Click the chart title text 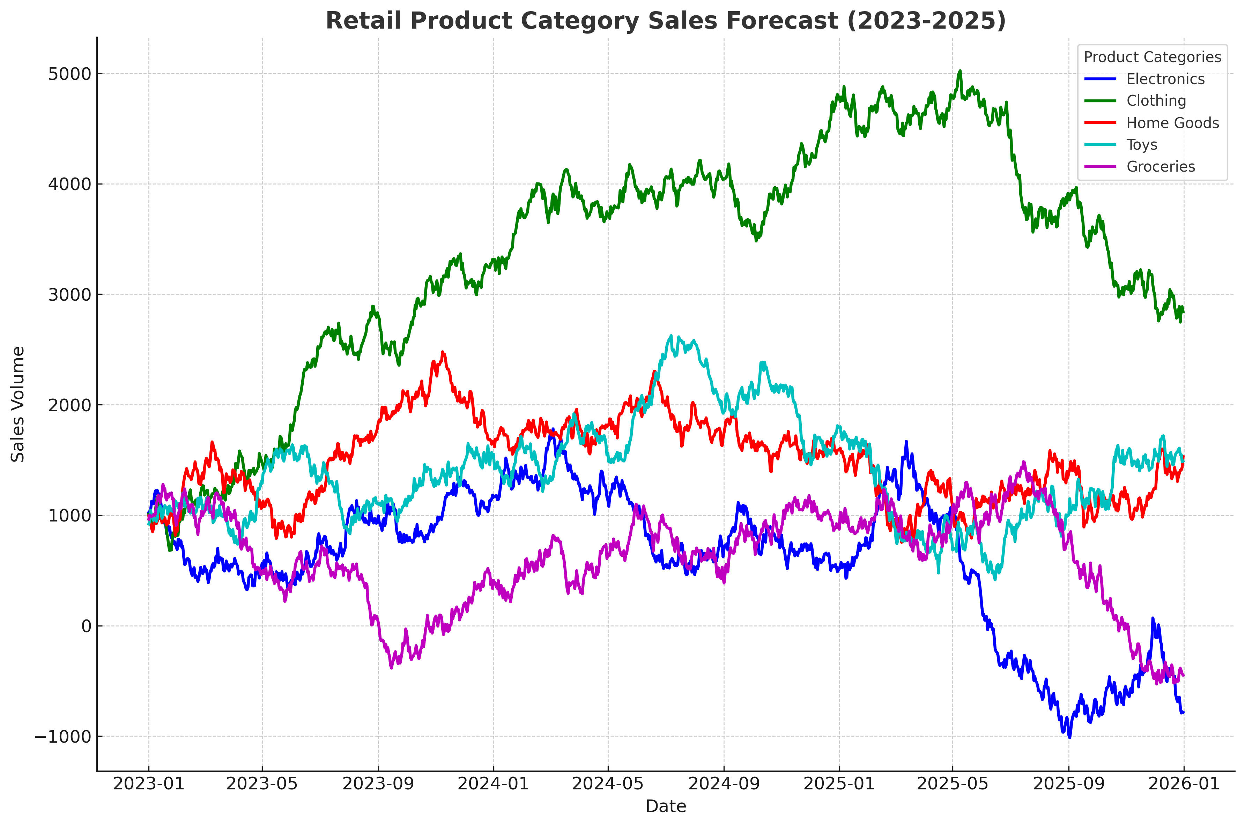[x=665, y=21]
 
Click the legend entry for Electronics [x=1165, y=79]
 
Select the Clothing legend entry [x=1156, y=100]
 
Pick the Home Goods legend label [x=1172, y=123]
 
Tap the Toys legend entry [x=1142, y=144]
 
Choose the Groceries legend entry [x=1160, y=166]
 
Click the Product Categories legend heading [x=1152, y=57]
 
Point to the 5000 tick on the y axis [x=69, y=74]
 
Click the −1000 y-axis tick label [x=63, y=736]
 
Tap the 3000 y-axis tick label [x=69, y=294]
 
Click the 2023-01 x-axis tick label [x=149, y=783]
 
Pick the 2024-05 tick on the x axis [x=608, y=783]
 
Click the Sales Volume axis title [x=18, y=404]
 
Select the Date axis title [x=665, y=806]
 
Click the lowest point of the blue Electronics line [x=1069, y=737]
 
